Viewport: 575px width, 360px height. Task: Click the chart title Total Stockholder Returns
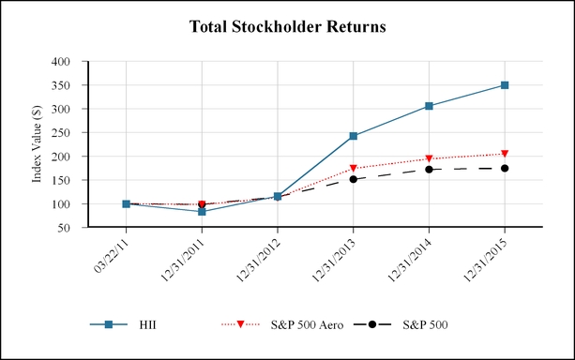pos(287,27)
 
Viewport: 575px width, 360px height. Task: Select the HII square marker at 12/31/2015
pos(505,85)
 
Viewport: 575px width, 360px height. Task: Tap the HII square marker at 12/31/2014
pos(429,106)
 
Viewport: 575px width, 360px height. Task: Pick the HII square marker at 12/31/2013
pos(353,136)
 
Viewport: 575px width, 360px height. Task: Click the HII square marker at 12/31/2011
pos(202,212)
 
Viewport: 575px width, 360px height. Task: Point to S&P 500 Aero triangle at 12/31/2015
pos(505,154)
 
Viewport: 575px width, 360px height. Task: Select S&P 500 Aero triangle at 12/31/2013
pos(353,168)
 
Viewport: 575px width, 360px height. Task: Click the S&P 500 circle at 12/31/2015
pos(505,168)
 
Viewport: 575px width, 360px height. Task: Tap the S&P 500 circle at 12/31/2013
pos(353,179)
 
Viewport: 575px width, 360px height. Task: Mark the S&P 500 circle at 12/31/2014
pos(429,170)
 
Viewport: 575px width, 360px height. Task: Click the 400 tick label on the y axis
pos(61,61)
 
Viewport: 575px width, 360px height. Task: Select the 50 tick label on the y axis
pos(64,228)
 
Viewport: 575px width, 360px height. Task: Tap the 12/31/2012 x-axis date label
pos(259,261)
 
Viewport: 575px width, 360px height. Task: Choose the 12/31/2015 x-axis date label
pos(486,261)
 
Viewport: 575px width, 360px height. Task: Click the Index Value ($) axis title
pos(37,143)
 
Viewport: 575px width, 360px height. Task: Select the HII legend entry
pos(123,324)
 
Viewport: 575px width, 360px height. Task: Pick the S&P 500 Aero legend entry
pos(282,324)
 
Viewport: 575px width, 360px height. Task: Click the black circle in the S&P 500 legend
pos(372,324)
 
